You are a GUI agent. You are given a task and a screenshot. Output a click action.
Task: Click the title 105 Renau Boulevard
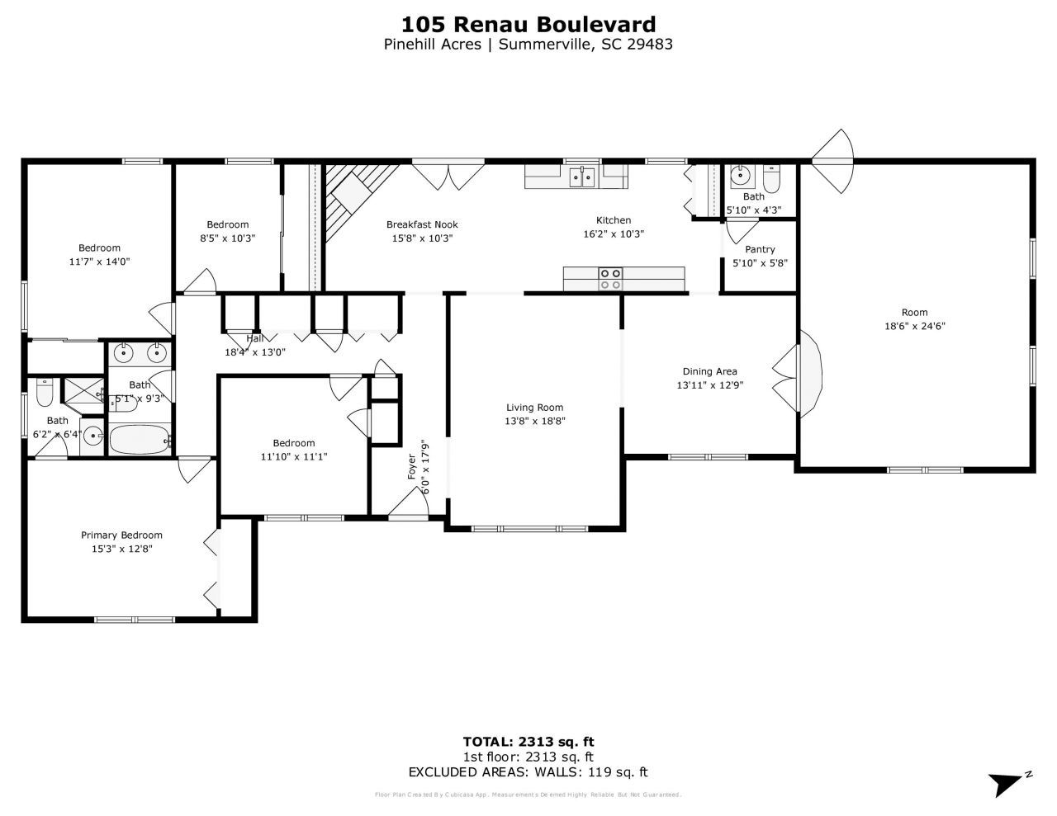tap(528, 24)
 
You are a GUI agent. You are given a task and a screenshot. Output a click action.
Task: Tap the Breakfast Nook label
tap(422, 224)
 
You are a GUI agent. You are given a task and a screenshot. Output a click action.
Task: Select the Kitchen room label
tap(614, 220)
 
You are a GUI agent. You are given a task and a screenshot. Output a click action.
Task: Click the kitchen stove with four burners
tap(611, 279)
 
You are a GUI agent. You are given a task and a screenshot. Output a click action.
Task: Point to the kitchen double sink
tap(582, 176)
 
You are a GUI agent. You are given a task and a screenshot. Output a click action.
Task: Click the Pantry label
tap(760, 249)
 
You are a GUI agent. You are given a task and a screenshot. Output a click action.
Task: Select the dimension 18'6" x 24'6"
tap(914, 326)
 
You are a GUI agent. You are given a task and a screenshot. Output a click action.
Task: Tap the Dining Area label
tap(709, 371)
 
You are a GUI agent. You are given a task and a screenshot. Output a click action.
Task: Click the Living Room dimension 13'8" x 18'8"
tap(535, 421)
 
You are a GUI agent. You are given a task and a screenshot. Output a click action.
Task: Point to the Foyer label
tap(412, 467)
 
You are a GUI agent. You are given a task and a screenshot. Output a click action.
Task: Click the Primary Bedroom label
tap(121, 535)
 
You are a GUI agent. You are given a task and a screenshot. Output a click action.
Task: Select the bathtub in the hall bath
tap(139, 439)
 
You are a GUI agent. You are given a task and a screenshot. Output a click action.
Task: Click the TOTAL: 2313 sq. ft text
tap(528, 741)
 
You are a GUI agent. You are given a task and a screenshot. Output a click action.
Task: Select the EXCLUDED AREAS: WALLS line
tap(528, 772)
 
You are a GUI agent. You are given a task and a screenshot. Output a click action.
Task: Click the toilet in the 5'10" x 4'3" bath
tap(771, 179)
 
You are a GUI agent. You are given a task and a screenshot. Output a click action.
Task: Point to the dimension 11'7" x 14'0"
tap(100, 262)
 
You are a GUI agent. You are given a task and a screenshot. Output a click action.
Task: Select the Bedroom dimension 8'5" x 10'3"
tap(228, 238)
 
